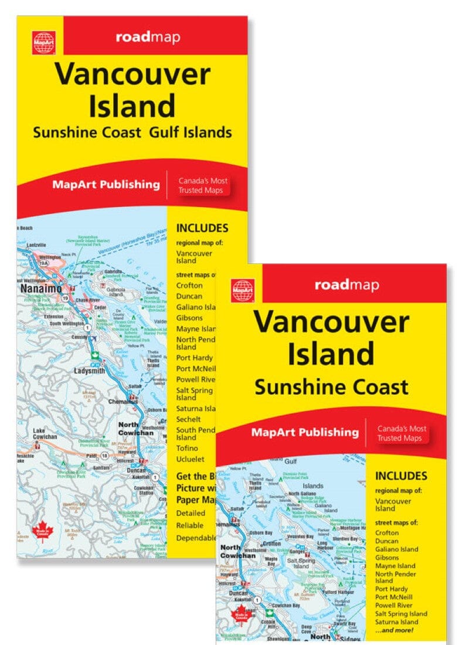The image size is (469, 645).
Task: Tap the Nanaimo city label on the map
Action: point(39,290)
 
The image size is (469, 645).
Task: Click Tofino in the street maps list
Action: point(187,449)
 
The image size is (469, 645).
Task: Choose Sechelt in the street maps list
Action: point(189,419)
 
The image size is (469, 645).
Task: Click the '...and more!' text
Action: point(396,630)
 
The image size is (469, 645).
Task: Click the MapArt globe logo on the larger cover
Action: point(44,42)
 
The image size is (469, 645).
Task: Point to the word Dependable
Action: point(196,537)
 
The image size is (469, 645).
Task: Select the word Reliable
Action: point(190,525)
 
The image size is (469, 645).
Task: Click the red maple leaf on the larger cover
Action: point(45,532)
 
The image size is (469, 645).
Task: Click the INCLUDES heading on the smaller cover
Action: point(401,476)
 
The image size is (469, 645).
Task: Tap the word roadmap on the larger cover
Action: point(148,38)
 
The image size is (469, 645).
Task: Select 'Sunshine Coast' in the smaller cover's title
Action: point(331,387)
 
